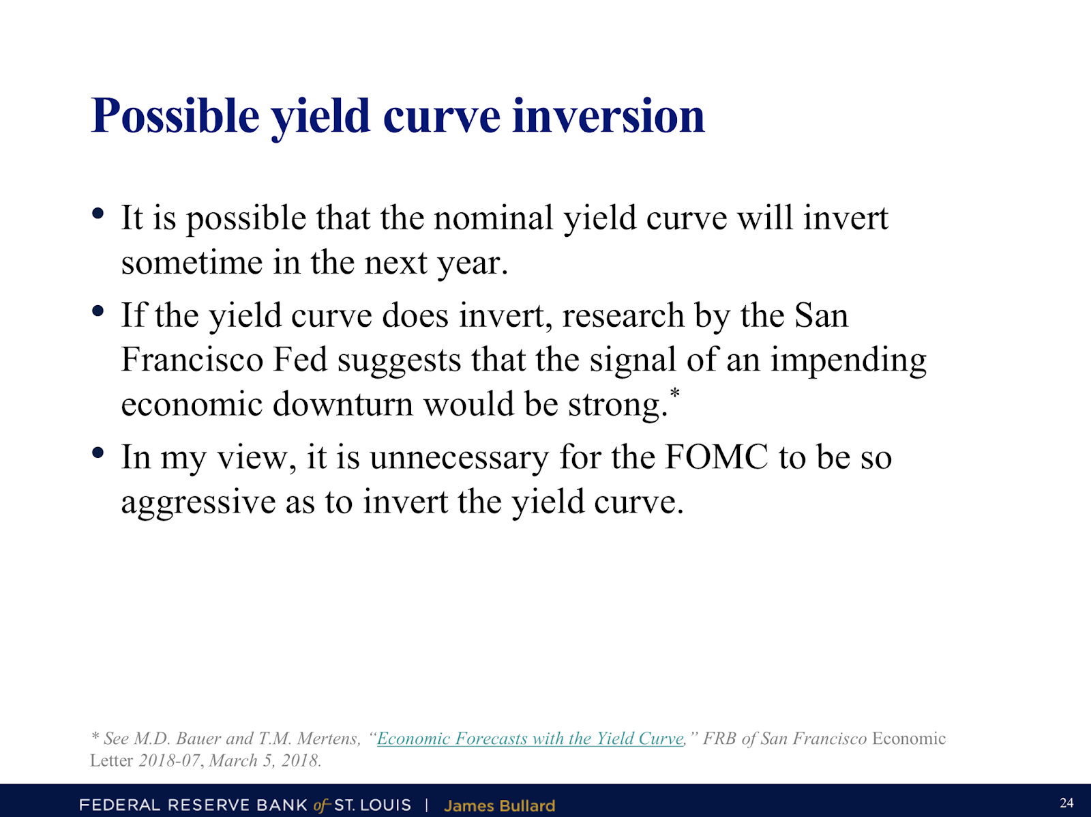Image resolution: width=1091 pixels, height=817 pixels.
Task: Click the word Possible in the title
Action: [x=175, y=117]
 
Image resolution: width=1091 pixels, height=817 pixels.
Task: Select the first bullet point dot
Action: [x=98, y=214]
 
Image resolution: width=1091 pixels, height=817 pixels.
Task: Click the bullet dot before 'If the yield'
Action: [x=98, y=311]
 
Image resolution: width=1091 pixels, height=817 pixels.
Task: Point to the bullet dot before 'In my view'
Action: [x=98, y=453]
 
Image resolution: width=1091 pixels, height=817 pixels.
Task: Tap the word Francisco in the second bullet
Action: [x=192, y=359]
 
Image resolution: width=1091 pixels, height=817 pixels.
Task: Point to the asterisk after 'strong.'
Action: [x=674, y=393]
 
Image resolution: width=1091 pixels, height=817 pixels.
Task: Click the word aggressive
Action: [x=198, y=502]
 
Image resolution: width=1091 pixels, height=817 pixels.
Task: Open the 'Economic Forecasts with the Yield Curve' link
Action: [x=530, y=739]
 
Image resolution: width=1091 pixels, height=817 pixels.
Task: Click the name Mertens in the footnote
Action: [x=329, y=739]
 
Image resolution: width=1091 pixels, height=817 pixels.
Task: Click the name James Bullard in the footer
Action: [x=499, y=805]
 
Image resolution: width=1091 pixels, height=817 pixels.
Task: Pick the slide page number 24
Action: [x=1066, y=803]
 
